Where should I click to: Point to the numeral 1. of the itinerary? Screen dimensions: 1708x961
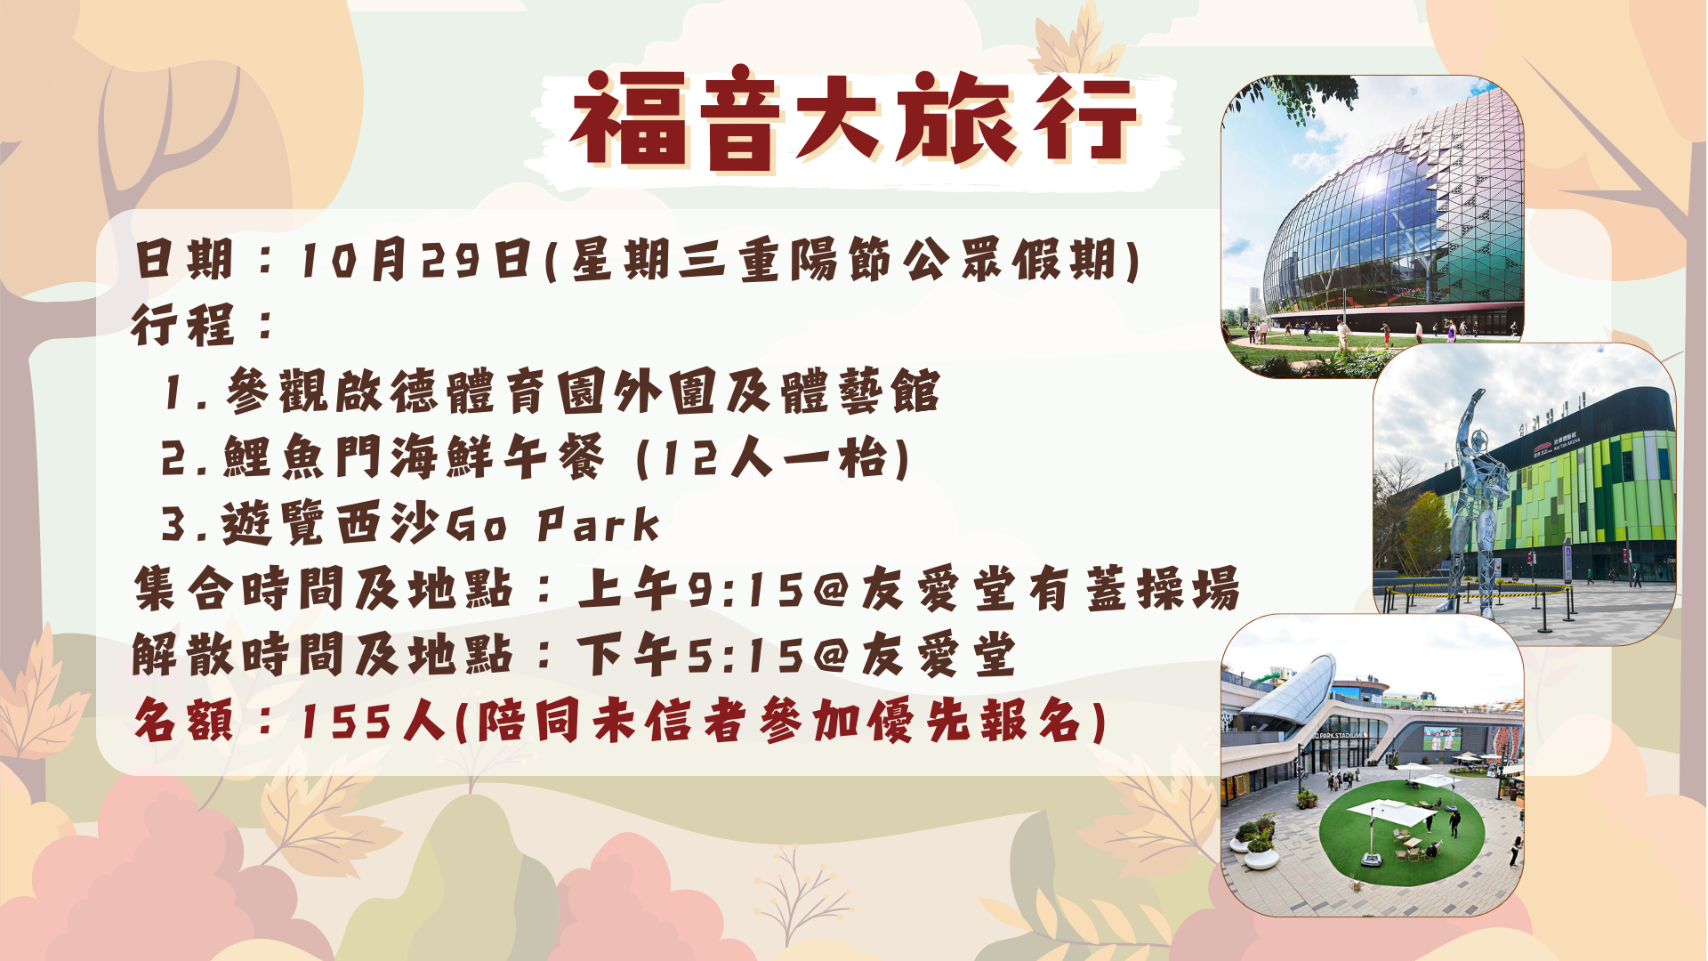click(186, 392)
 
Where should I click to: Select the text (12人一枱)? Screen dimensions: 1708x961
click(773, 458)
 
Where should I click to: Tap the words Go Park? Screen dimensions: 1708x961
click(552, 524)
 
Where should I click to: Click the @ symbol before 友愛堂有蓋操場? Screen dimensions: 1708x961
click(831, 589)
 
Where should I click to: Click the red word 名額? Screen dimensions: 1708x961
click(184, 721)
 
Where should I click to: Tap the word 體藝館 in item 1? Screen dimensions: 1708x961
click(860, 392)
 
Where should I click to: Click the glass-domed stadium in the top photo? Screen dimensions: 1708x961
click(1393, 231)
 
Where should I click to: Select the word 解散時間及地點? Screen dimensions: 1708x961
click(323, 656)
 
